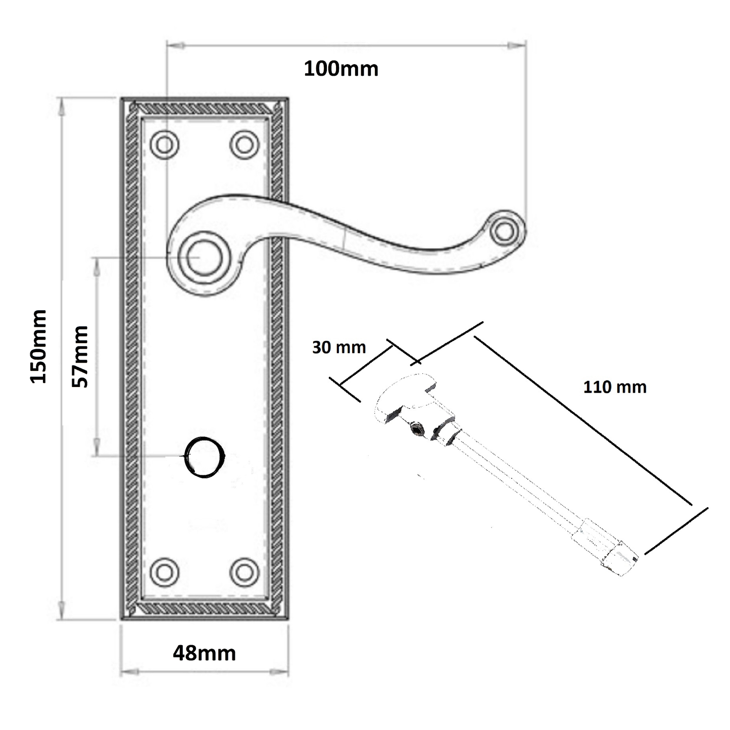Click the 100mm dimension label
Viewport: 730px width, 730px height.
(x=341, y=69)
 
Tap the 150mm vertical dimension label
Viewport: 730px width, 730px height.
(x=39, y=347)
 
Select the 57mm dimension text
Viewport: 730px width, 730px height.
(x=80, y=357)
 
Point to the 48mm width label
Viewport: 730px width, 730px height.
(x=204, y=653)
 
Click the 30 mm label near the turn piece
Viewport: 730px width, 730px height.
(x=339, y=348)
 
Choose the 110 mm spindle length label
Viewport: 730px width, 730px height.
(x=615, y=387)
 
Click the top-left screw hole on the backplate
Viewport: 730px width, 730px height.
(x=165, y=145)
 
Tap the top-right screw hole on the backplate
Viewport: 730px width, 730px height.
(x=245, y=145)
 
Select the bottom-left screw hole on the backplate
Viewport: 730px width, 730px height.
(x=165, y=572)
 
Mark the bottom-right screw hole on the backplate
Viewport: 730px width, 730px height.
(x=245, y=572)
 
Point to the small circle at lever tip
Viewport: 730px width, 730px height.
(x=503, y=231)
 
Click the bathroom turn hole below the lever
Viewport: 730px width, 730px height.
(x=204, y=457)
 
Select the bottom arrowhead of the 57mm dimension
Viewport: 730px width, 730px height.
(x=96, y=447)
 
